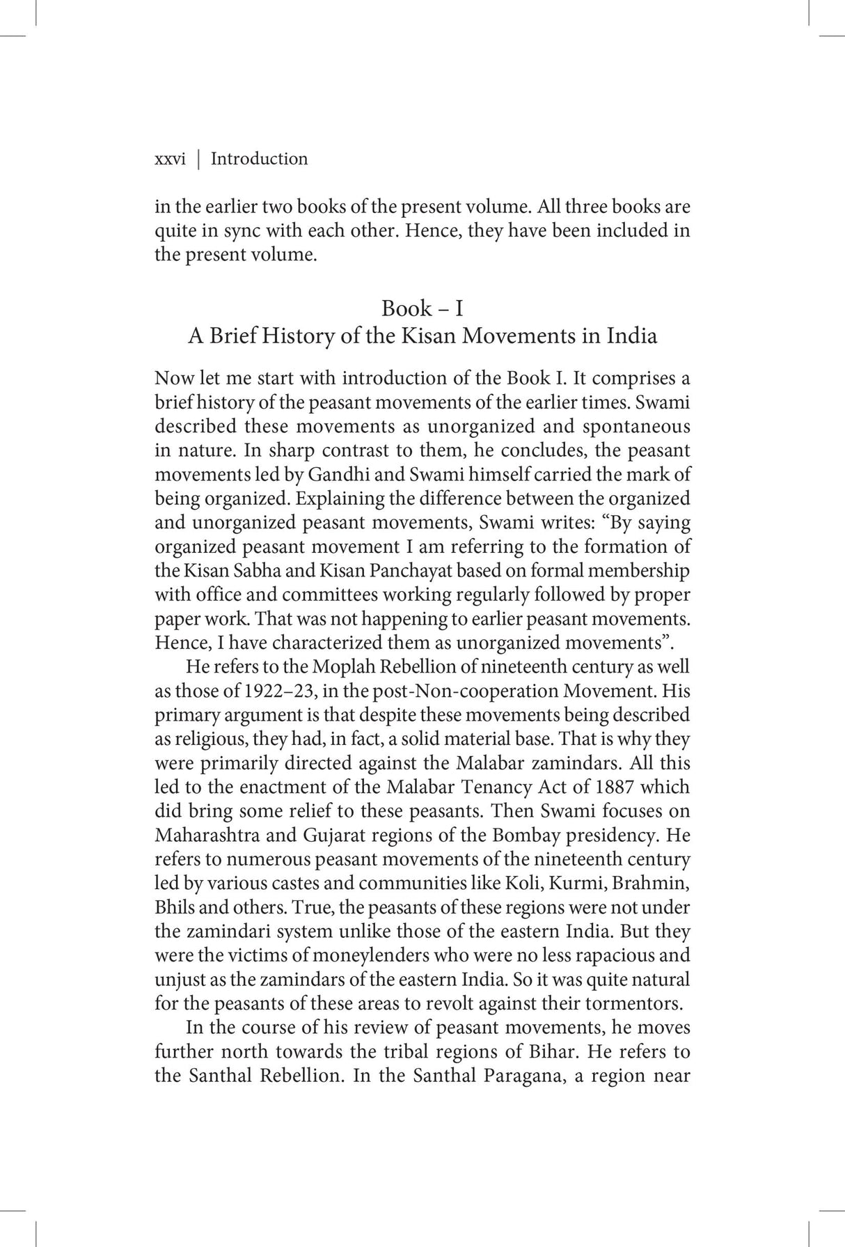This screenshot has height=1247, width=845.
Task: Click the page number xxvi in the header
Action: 169,159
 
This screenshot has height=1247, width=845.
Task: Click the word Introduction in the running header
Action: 259,159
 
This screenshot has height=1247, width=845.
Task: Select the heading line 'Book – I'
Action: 422,308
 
